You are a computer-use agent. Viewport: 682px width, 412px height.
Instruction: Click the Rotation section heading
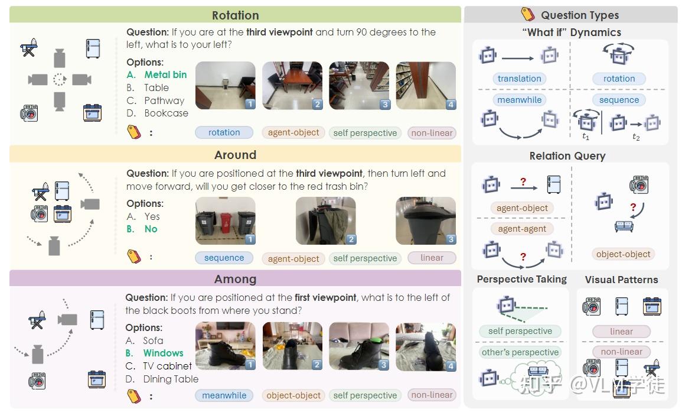tap(235, 15)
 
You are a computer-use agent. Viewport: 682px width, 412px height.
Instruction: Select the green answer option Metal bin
tap(165, 74)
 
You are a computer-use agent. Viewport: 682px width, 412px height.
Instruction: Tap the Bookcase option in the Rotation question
tap(166, 113)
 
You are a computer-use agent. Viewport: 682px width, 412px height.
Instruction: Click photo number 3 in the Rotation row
tap(359, 86)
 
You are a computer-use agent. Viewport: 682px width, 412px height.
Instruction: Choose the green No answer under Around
tap(151, 229)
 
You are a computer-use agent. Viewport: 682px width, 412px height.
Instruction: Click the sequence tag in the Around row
tap(224, 258)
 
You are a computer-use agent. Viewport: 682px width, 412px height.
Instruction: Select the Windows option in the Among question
tap(163, 353)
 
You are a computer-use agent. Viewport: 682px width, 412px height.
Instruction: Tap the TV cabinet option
tap(167, 366)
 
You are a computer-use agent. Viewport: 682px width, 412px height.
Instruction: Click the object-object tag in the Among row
tap(293, 395)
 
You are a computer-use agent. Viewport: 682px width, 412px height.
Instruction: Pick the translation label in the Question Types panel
tap(519, 79)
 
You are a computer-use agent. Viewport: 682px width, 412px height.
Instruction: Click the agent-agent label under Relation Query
tap(522, 229)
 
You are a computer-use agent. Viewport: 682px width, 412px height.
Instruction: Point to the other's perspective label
tap(520, 352)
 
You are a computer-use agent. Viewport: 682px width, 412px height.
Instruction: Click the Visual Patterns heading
tap(621, 280)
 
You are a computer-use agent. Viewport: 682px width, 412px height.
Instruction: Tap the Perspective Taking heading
tap(521, 279)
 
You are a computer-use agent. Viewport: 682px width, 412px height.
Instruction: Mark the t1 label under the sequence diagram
tap(585, 137)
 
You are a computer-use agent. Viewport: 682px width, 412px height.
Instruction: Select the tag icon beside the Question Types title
tap(527, 14)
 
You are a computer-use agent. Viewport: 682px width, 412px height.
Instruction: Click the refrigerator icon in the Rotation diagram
tap(93, 48)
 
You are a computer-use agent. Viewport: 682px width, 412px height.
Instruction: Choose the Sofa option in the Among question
tap(153, 340)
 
